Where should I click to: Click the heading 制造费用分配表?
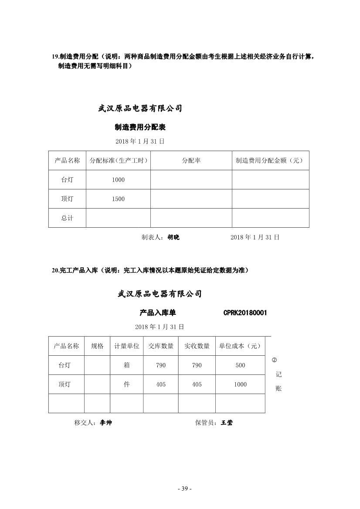pyautogui.click(x=140, y=127)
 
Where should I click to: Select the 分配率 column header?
pyautogui.click(x=191, y=161)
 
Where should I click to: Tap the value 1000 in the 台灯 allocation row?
pyautogui.click(x=118, y=180)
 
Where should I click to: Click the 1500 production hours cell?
pyautogui.click(x=118, y=199)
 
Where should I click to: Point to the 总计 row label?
pyautogui.click(x=67, y=218)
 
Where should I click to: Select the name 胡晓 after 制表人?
pyautogui.click(x=173, y=237)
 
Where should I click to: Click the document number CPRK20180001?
pyautogui.click(x=245, y=313)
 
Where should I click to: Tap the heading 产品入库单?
pyautogui.click(x=158, y=313)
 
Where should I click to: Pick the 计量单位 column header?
pyautogui.click(x=127, y=346)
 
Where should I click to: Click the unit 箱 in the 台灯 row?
pyautogui.click(x=127, y=365)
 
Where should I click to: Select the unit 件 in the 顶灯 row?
pyautogui.click(x=127, y=384)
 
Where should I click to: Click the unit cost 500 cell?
pyautogui.click(x=240, y=365)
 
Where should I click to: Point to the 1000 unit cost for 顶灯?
pyautogui.click(x=240, y=384)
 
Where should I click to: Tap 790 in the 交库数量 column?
pyautogui.click(x=161, y=365)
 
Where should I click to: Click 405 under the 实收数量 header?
pyautogui.click(x=197, y=384)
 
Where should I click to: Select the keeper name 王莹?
pyautogui.click(x=227, y=423)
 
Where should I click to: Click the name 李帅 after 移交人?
pyautogui.click(x=106, y=423)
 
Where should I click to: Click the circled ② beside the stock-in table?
pyautogui.click(x=274, y=360)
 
